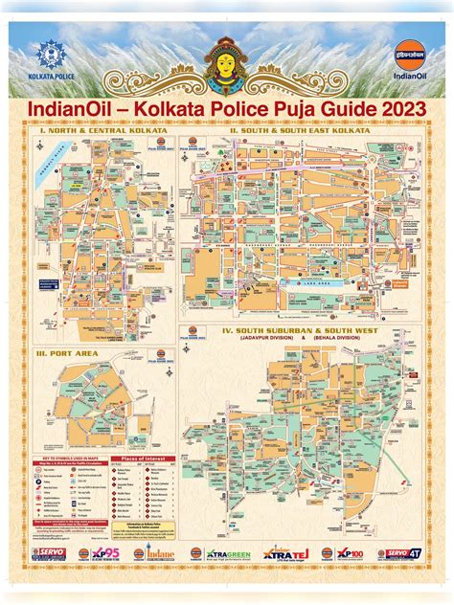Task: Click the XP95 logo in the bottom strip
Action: point(102,553)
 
